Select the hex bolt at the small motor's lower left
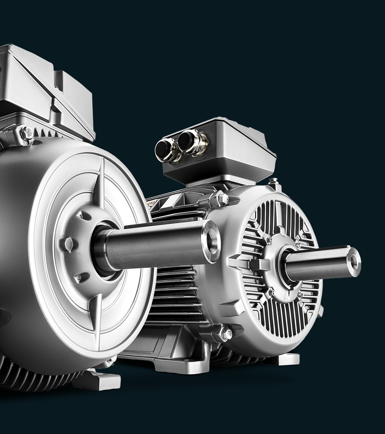226,334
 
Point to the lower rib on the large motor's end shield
96,311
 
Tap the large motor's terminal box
45,89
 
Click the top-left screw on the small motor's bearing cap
269,240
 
